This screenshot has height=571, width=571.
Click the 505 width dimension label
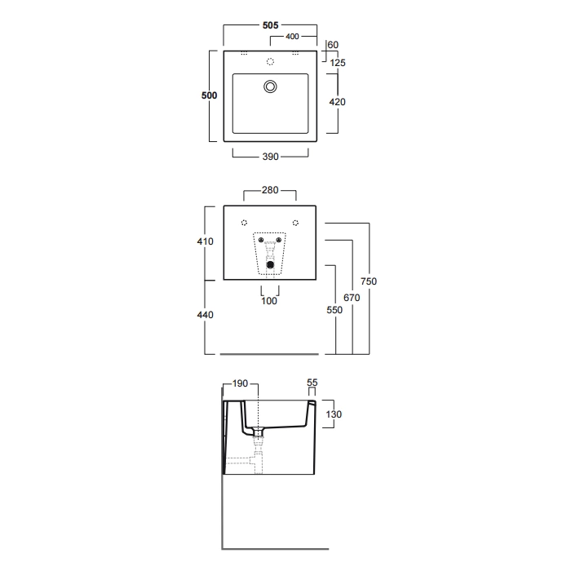coord(270,25)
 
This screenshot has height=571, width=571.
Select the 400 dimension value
coord(292,37)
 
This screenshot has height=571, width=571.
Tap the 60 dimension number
coord(333,45)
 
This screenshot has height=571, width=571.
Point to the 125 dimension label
coord(338,63)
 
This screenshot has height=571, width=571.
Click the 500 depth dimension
coord(209,95)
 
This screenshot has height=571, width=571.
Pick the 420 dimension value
coord(337,102)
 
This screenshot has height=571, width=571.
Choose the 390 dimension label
coord(270,157)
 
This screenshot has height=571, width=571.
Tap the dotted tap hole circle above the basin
coord(270,61)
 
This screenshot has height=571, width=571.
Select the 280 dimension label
coord(270,190)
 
